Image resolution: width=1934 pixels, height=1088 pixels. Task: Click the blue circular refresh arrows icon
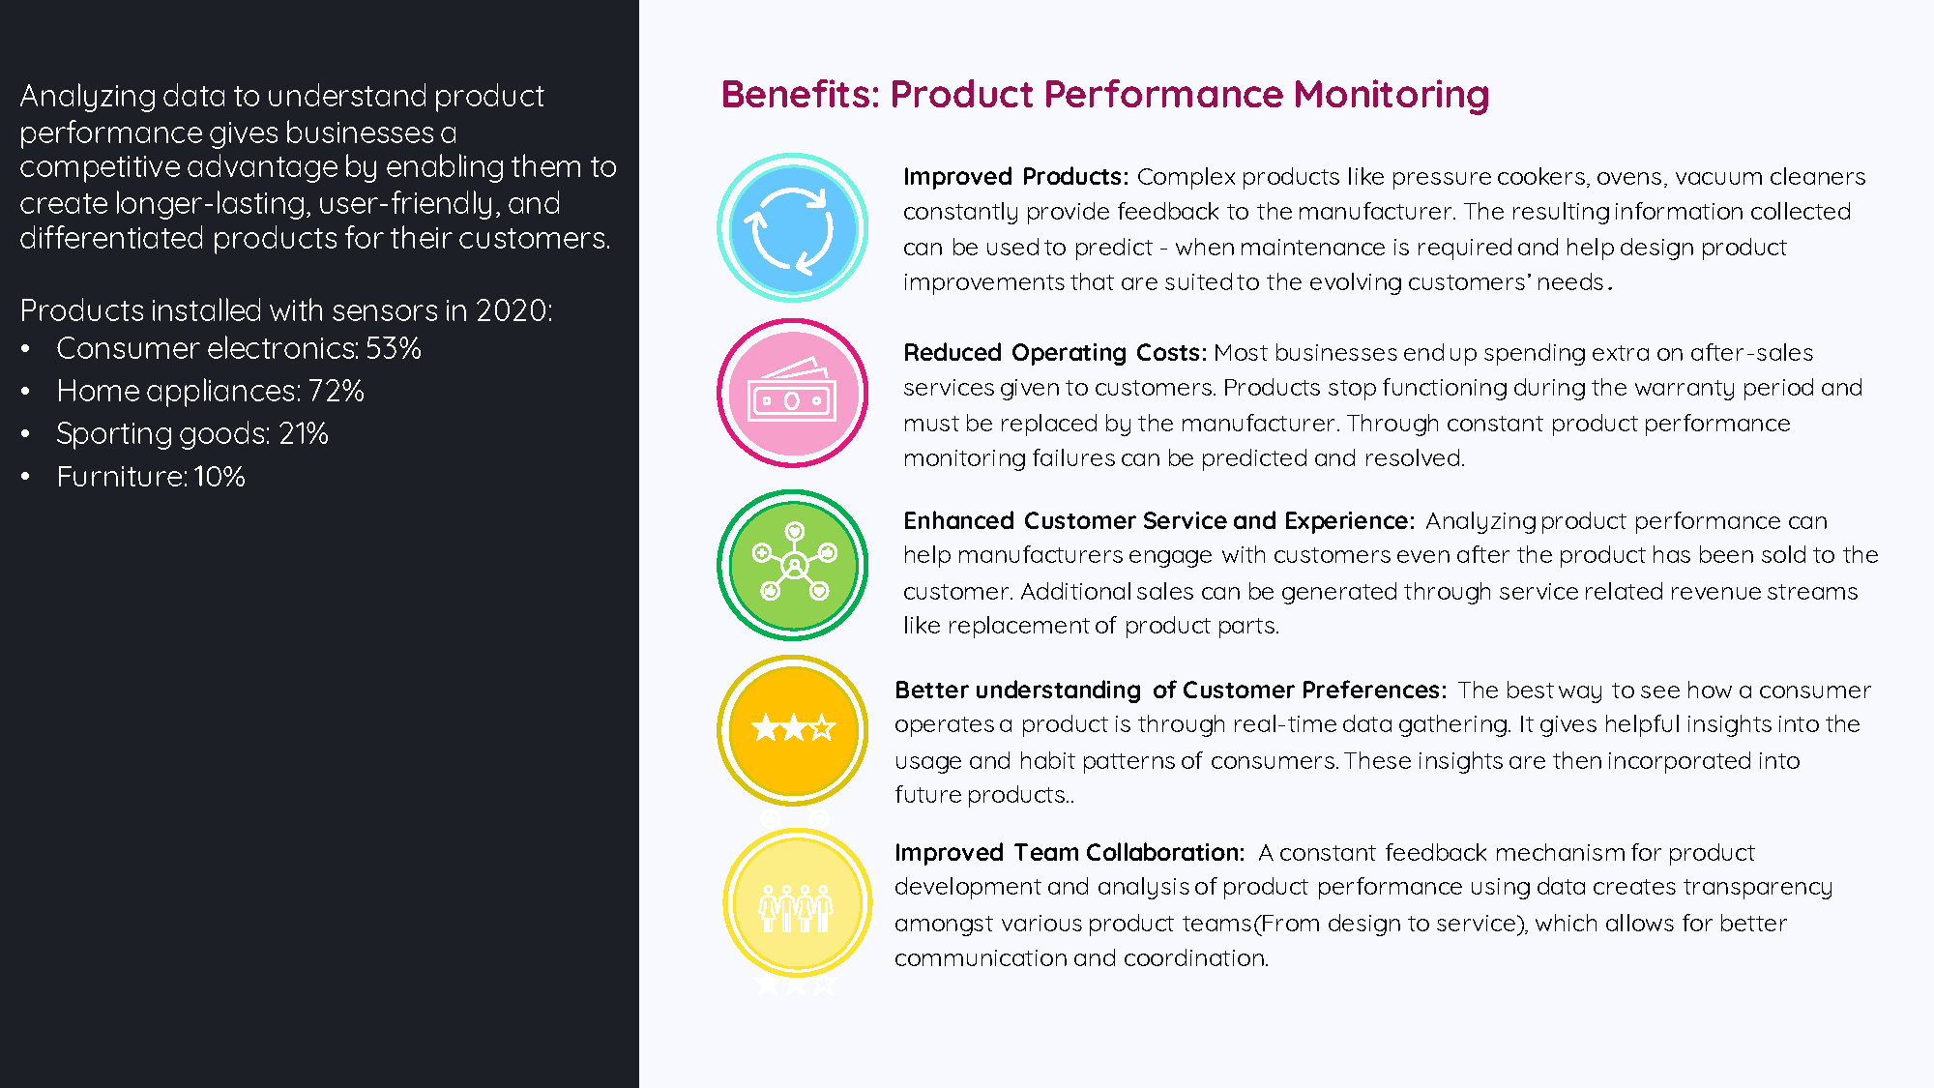(x=792, y=228)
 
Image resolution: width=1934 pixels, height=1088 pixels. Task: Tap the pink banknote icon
(x=792, y=394)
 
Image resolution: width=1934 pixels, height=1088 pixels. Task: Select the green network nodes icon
(x=792, y=565)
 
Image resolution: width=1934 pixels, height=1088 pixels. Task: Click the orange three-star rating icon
(x=792, y=730)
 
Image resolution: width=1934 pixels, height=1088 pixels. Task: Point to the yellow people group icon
(x=797, y=903)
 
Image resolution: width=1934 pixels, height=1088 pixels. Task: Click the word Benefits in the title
(x=799, y=95)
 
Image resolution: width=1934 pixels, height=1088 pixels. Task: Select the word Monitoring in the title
(x=1392, y=96)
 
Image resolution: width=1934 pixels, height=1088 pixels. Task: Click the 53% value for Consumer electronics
(x=394, y=348)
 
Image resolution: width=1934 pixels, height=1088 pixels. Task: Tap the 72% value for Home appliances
(x=336, y=391)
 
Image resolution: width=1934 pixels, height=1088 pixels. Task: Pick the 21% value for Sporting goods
(x=304, y=433)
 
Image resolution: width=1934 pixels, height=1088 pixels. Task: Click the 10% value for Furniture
(x=220, y=476)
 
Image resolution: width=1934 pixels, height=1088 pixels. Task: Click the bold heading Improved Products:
(x=1015, y=177)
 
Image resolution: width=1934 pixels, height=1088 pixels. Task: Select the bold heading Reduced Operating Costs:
(x=1055, y=353)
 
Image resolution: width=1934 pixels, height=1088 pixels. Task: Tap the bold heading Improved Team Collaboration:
(x=1070, y=852)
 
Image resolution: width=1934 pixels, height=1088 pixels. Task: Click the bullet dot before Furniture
(x=25, y=476)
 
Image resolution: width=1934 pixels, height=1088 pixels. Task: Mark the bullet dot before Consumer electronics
(x=25, y=348)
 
